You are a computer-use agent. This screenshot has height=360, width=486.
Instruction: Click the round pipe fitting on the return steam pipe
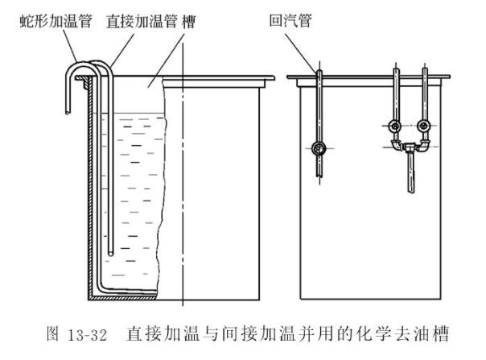(x=319, y=148)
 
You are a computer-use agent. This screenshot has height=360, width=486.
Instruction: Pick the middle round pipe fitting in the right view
(x=395, y=126)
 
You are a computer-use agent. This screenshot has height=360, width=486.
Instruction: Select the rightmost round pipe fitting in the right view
(x=423, y=126)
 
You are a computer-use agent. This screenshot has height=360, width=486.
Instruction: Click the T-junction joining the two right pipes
(x=410, y=147)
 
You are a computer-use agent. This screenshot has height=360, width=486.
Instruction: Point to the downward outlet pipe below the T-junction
(x=410, y=173)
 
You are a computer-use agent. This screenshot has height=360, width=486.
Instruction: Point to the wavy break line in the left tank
(x=163, y=185)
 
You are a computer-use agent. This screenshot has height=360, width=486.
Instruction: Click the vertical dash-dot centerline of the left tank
(x=184, y=201)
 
